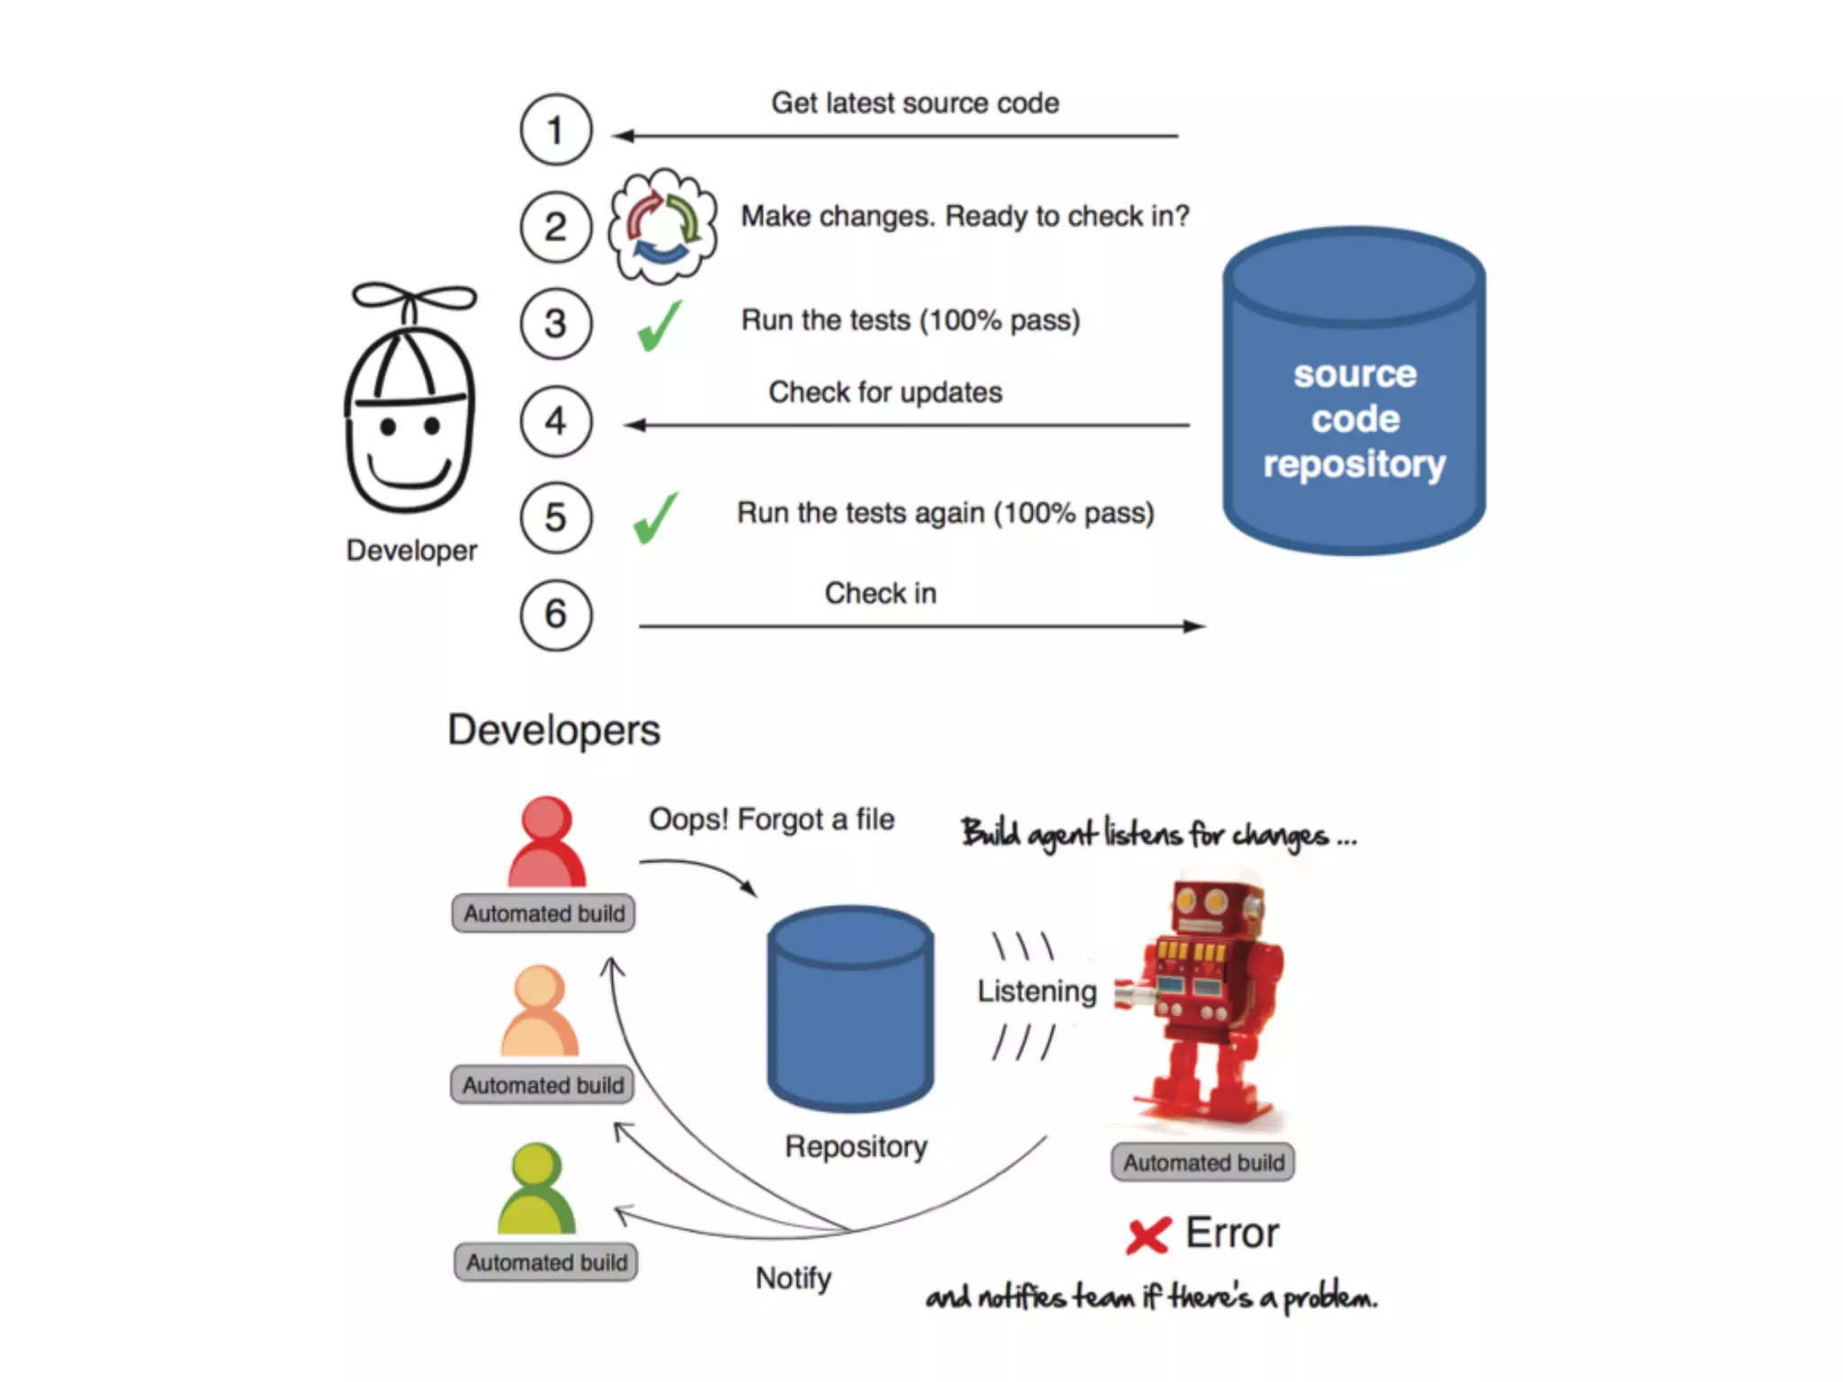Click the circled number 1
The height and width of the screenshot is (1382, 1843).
[x=556, y=130]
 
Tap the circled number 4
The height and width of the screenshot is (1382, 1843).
[x=556, y=421]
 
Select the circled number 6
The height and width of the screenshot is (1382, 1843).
[x=556, y=615]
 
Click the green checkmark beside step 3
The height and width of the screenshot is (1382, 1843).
[x=660, y=326]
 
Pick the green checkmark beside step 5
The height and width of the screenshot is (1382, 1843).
[x=656, y=518]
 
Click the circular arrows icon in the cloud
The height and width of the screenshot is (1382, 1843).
[x=663, y=227]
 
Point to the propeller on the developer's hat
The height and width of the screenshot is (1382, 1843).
[x=414, y=298]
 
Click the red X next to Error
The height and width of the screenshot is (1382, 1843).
[x=1148, y=1235]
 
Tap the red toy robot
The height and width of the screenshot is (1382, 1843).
[x=1202, y=999]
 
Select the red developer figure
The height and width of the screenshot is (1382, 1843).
[x=546, y=842]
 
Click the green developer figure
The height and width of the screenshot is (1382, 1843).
[x=536, y=1189]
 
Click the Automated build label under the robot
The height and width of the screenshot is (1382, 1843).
[x=1203, y=1162]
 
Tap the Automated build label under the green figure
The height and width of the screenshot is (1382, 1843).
[x=546, y=1262]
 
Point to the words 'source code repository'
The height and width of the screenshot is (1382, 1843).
[x=1354, y=418]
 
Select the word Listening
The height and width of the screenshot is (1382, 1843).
[x=1037, y=992]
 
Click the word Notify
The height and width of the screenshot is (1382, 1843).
[x=793, y=1279]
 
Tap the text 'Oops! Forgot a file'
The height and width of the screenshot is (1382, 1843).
[x=771, y=820]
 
